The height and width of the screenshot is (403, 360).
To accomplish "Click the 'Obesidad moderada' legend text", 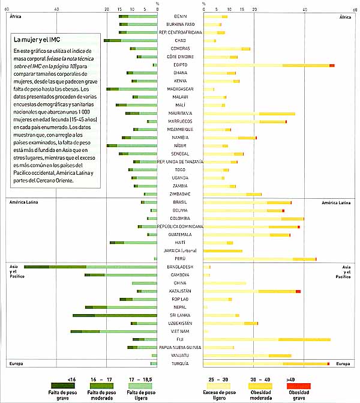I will click(262, 395).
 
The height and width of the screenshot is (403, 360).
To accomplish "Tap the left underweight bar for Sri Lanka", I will click(115, 315).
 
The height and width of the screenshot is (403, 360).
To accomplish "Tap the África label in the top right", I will click(344, 16).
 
